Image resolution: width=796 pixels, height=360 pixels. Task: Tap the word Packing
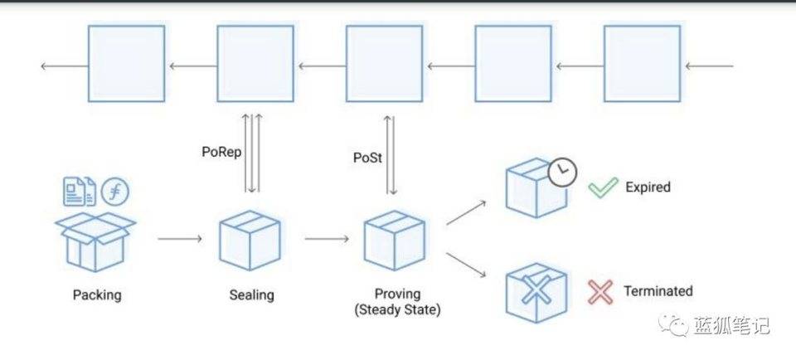pyautogui.click(x=96, y=294)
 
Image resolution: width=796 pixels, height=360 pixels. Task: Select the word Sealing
pyautogui.click(x=251, y=294)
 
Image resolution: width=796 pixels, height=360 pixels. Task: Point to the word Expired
pyautogui.click(x=648, y=187)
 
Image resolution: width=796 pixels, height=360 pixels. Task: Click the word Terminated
pyautogui.click(x=658, y=291)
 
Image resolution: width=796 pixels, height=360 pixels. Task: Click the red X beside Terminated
pyautogui.click(x=600, y=292)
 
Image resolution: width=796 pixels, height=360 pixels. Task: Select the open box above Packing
pyautogui.click(x=95, y=241)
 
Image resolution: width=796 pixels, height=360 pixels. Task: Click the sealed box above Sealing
pyautogui.click(x=250, y=241)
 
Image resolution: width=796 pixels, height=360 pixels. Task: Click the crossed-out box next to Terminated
pyautogui.click(x=536, y=290)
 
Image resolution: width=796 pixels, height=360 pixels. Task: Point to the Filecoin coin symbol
pyautogui.click(x=115, y=192)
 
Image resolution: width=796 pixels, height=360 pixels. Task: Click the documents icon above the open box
pyautogui.click(x=79, y=192)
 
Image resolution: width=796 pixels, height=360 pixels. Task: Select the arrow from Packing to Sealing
pyautogui.click(x=179, y=240)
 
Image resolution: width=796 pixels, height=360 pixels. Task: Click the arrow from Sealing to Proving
pyautogui.click(x=326, y=240)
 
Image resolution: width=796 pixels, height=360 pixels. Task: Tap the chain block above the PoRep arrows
pyautogui.click(x=255, y=64)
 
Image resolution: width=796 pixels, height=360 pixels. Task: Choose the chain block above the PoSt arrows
pyautogui.click(x=384, y=64)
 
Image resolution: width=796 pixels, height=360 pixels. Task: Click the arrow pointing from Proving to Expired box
pyautogui.click(x=468, y=213)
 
